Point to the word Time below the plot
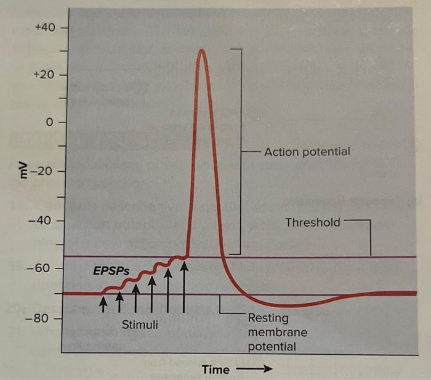(216, 370)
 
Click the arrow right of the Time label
(252, 370)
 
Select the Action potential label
(307, 152)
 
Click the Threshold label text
(312, 222)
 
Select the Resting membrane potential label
(272, 333)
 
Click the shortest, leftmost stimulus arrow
(103, 303)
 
